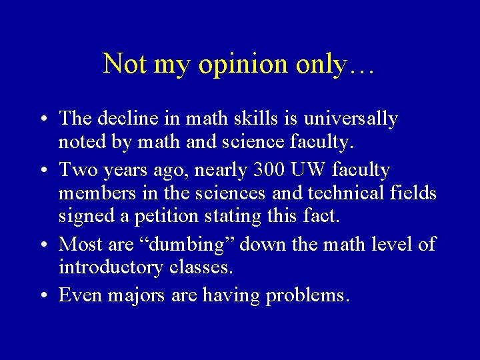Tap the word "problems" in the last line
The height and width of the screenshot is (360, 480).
coord(307,295)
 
